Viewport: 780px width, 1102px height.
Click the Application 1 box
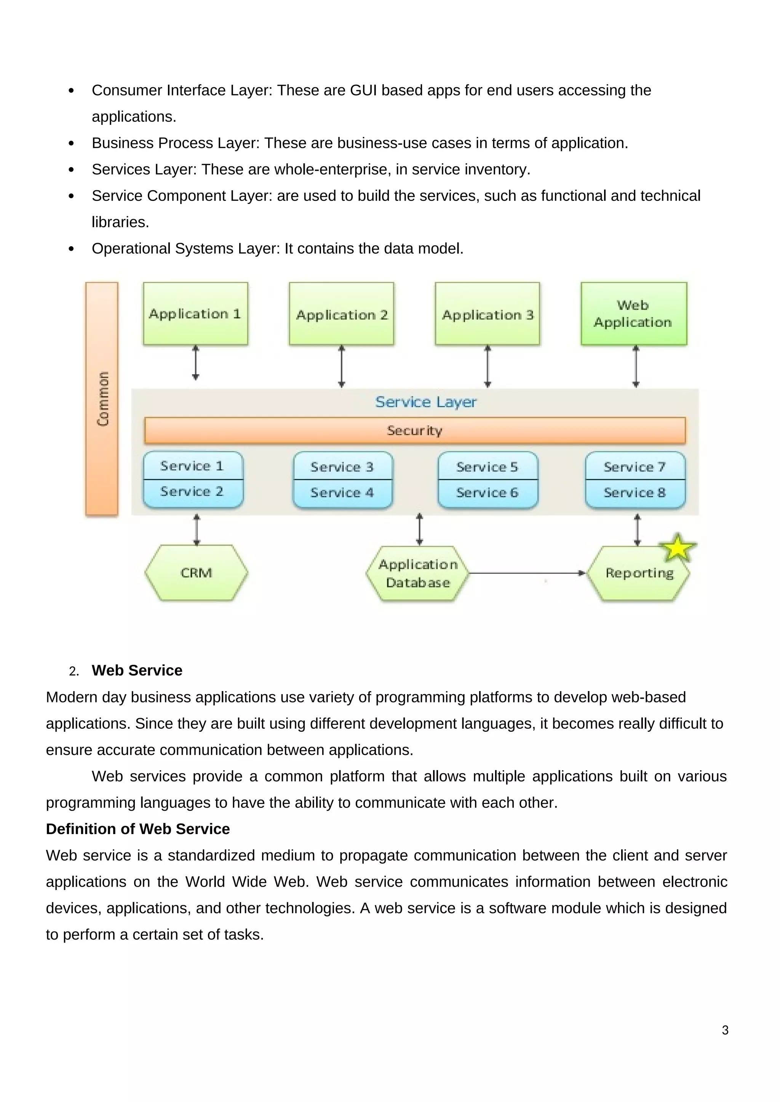tap(195, 314)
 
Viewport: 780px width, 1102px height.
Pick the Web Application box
tap(633, 314)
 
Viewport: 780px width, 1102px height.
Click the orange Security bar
tap(414, 430)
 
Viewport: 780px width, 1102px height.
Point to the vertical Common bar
tap(102, 398)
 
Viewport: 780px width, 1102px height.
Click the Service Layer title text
tap(425, 402)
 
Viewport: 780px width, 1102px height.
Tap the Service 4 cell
tap(342, 493)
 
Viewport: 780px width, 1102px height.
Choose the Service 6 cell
tap(487, 493)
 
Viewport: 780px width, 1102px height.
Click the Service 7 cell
tap(635, 466)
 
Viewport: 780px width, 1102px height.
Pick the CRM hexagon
tap(196, 573)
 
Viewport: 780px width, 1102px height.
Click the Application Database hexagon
tap(417, 573)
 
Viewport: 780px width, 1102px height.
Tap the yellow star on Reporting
tap(677, 548)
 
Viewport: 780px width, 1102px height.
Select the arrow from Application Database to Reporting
tap(526, 573)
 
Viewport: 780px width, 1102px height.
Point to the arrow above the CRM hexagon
tap(197, 530)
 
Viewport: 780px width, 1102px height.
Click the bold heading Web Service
tap(137, 670)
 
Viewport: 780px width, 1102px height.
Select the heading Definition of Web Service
tap(138, 829)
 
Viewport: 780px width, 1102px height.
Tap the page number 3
tap(725, 1030)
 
